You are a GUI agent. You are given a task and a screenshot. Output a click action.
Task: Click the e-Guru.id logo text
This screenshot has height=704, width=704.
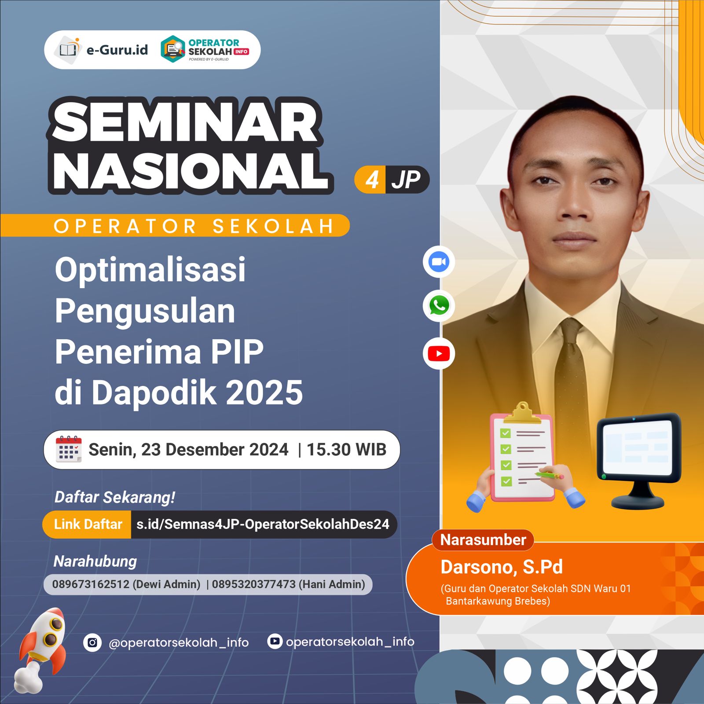point(117,50)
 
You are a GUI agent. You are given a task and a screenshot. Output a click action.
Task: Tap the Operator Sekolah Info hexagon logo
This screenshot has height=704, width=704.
point(173,49)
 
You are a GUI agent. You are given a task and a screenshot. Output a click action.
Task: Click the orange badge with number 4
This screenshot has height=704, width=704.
point(371,180)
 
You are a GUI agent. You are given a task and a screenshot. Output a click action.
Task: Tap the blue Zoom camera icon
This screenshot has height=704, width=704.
point(439,262)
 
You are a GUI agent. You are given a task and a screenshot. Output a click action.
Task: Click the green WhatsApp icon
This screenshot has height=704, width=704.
point(439,305)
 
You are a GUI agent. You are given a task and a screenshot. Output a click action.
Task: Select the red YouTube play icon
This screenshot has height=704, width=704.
point(439,354)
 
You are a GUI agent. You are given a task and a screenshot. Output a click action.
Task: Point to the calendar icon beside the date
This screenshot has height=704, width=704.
point(69,449)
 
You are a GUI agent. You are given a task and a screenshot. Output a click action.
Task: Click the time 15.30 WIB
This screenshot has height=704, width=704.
point(346,450)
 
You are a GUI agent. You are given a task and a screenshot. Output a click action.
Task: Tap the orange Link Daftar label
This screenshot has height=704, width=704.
point(88,524)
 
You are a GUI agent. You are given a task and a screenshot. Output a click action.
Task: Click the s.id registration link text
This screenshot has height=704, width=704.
point(263,524)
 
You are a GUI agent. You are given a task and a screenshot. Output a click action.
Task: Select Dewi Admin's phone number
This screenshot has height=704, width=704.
point(91,584)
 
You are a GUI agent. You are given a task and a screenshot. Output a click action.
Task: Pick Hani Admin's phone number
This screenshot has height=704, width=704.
point(254,584)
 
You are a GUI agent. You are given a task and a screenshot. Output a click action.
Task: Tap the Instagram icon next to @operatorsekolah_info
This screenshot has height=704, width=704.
point(92,642)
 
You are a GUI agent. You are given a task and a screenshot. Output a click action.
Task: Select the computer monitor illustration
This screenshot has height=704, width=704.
point(638,458)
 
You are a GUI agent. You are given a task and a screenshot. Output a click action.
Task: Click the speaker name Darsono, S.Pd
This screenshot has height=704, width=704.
point(502,567)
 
